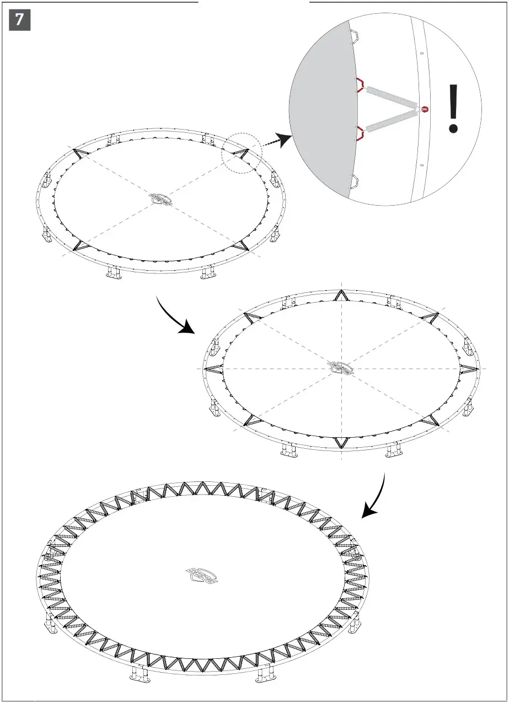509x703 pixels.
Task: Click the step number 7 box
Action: pyautogui.click(x=20, y=20)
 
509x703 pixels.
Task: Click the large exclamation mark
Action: pyautogui.click(x=453, y=109)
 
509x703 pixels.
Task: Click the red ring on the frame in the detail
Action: pyautogui.click(x=425, y=109)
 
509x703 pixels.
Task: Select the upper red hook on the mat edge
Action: pyautogui.click(x=358, y=85)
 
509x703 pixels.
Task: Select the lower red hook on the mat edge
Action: pyautogui.click(x=359, y=132)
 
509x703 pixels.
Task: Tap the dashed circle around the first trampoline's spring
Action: pyautogui.click(x=242, y=153)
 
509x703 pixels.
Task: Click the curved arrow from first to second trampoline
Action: pyautogui.click(x=175, y=318)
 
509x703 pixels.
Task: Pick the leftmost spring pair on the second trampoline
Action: pyautogui.click(x=214, y=368)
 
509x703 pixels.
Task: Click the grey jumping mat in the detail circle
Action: pyautogui.click(x=320, y=110)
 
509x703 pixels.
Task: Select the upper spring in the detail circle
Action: pyautogui.click(x=391, y=96)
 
